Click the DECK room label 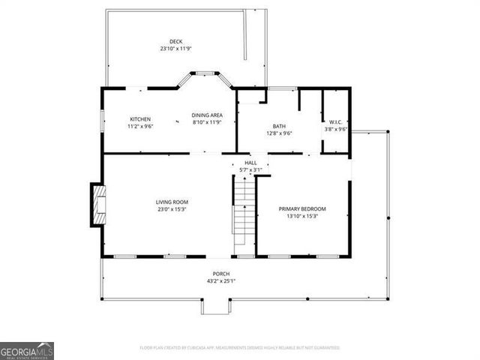pyautogui.click(x=175, y=41)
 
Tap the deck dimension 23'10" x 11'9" pyautogui.click(x=175, y=49)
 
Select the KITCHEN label pyautogui.click(x=140, y=119)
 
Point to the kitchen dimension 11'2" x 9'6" pyautogui.click(x=140, y=127)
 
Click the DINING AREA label pyautogui.click(x=207, y=115)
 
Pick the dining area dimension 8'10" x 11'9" pyautogui.click(x=207, y=122)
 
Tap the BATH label pyautogui.click(x=278, y=126)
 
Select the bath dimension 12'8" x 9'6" pyautogui.click(x=278, y=133)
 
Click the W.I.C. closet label pyautogui.click(x=335, y=121)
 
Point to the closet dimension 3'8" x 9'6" pyautogui.click(x=335, y=129)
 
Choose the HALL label pyautogui.click(x=250, y=163)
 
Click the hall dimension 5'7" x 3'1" pyautogui.click(x=250, y=170)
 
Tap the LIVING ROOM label pyautogui.click(x=172, y=202)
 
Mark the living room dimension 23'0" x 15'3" pyautogui.click(x=172, y=209)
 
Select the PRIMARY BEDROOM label pyautogui.click(x=302, y=208)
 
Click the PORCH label pyautogui.click(x=220, y=274)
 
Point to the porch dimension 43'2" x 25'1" pyautogui.click(x=220, y=281)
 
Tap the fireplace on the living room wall pyautogui.click(x=97, y=204)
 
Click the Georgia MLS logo pyautogui.click(x=27, y=351)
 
